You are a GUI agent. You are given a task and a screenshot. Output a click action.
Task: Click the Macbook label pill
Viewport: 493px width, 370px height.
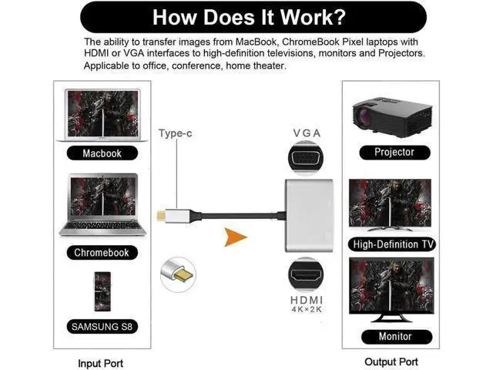[x=102, y=153]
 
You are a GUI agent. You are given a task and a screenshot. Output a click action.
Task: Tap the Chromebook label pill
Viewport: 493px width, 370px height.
[x=102, y=253]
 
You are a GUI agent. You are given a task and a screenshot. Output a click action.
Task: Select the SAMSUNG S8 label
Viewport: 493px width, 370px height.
[x=102, y=327]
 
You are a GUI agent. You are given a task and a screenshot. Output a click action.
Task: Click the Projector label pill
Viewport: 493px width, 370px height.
[x=394, y=153]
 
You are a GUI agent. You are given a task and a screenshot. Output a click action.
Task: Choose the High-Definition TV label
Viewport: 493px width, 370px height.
[x=392, y=244]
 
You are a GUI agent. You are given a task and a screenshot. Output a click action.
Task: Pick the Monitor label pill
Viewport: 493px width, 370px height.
[x=397, y=337]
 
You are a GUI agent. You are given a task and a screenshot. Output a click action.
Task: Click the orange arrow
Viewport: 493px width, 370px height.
[x=235, y=237]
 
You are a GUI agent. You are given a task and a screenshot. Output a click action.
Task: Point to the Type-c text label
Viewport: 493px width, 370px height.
[x=175, y=133]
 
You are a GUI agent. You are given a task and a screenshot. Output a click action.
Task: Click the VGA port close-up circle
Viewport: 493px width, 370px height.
[x=306, y=157]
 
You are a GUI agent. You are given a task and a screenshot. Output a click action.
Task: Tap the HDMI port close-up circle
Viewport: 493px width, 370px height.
[x=306, y=274]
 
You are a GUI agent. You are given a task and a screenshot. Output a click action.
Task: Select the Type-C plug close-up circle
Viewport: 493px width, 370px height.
[x=178, y=274]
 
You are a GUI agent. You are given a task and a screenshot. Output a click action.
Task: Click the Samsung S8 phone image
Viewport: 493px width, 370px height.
[x=102, y=291]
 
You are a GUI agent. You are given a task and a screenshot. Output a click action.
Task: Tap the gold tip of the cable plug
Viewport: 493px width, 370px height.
[x=161, y=216]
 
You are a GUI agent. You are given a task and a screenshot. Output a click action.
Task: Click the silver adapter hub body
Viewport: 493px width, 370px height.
[x=309, y=216]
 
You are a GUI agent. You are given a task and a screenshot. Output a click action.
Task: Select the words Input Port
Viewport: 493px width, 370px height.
[x=101, y=363]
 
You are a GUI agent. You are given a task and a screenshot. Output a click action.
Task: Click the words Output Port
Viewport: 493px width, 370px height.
[x=391, y=362]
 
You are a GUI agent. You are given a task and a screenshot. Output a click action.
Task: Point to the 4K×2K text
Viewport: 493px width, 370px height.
[x=307, y=310]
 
